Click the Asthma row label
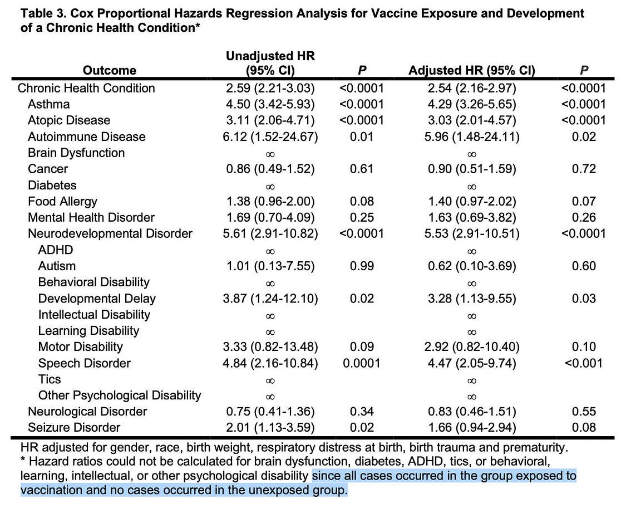click(x=48, y=104)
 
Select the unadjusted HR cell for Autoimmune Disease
click(x=270, y=136)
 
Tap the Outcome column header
click(x=109, y=70)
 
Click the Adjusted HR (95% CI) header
click(x=471, y=70)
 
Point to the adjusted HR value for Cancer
click(x=471, y=169)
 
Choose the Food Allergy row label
click(x=62, y=201)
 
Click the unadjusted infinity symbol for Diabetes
click(x=270, y=185)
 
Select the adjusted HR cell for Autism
click(x=471, y=266)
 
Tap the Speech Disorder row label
click(x=84, y=363)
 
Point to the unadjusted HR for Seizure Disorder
click(x=270, y=428)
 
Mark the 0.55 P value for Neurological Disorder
click(x=584, y=412)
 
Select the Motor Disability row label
click(x=80, y=347)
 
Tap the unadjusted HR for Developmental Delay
click(x=270, y=299)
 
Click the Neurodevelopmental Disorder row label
click(x=110, y=234)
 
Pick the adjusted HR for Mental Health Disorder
click(x=471, y=217)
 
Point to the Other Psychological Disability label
click(x=119, y=395)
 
